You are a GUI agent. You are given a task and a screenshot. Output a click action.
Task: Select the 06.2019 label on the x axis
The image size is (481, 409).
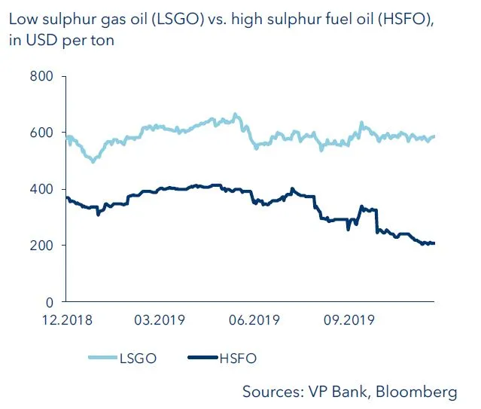(x=254, y=319)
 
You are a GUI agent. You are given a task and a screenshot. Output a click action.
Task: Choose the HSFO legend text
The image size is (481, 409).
(x=237, y=359)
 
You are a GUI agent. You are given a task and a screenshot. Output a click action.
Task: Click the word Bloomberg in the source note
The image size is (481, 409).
(x=419, y=392)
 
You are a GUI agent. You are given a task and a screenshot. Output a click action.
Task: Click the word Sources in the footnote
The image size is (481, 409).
(x=272, y=392)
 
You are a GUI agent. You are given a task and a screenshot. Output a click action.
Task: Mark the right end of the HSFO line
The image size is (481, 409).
(x=434, y=243)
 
